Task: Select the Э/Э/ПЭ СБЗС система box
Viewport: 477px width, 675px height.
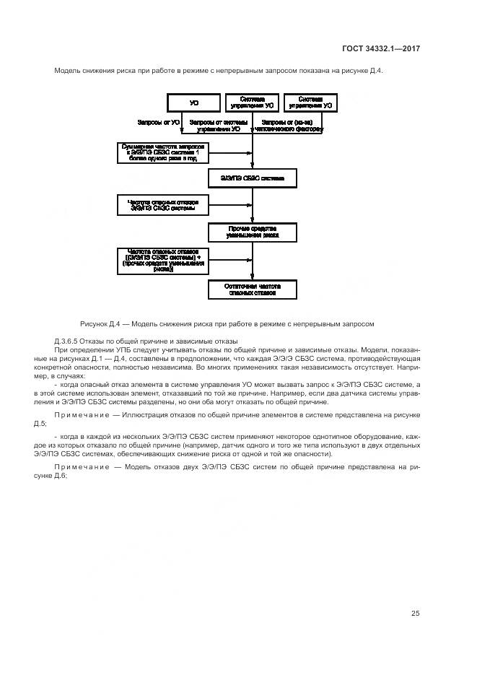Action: [252, 178]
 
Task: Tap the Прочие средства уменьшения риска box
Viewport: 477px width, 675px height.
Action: [252, 232]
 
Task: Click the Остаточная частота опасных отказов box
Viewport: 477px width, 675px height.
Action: [252, 289]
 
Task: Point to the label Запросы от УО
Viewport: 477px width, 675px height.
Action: [159, 123]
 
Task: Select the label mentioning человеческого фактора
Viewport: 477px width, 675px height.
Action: [289, 126]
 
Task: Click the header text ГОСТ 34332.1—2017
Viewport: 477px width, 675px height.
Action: [381, 48]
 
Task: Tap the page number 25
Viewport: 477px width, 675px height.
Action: [415, 614]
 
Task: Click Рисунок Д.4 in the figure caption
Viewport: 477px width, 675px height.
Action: [102, 323]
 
